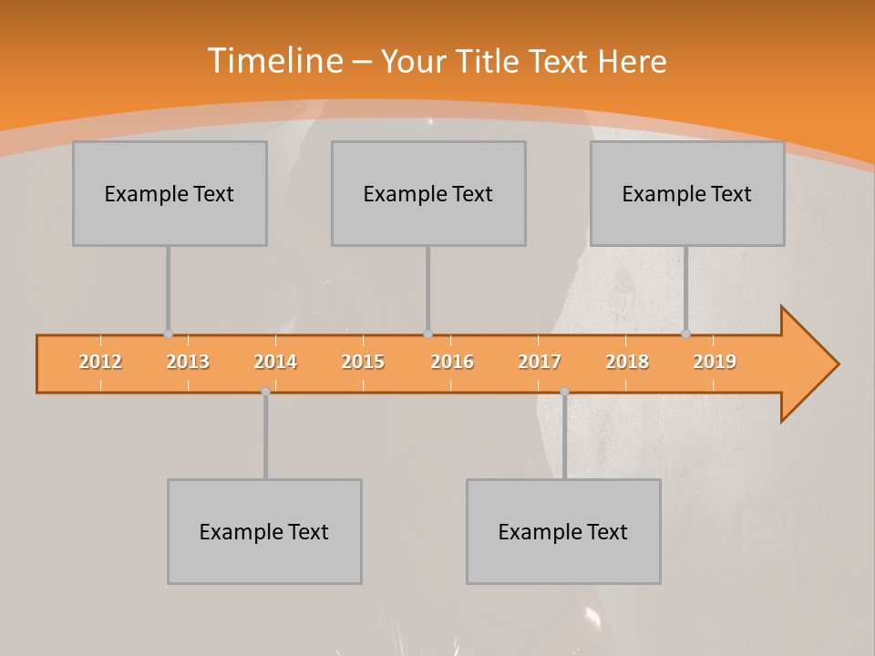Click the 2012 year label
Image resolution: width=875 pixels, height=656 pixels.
click(100, 363)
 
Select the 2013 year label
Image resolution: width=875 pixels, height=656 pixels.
click(188, 363)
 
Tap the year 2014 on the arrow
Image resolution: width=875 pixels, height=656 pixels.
click(275, 363)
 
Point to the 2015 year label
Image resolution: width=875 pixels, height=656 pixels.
click(363, 363)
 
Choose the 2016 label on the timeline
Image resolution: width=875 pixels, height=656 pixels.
click(452, 363)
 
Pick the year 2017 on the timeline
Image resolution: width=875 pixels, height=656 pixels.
click(540, 363)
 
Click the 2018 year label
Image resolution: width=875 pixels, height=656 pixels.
click(627, 363)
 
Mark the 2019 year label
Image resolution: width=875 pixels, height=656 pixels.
click(715, 363)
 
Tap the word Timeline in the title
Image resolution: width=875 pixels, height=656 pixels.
click(274, 61)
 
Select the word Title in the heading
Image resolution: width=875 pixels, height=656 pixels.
click(492, 62)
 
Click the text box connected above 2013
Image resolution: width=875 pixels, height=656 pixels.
click(170, 194)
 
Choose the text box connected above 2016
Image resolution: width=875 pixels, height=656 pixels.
click(428, 194)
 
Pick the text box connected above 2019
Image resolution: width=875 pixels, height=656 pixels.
click(687, 194)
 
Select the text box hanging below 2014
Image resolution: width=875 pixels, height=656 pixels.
click(264, 532)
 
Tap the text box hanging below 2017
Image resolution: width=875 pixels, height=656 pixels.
click(563, 532)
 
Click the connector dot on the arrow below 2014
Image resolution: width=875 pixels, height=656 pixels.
click(265, 391)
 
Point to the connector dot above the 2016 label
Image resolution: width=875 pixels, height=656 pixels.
click(427, 334)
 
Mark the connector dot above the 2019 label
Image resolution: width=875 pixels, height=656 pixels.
click(686, 334)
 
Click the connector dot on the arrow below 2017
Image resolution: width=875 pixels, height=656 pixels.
click(564, 391)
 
